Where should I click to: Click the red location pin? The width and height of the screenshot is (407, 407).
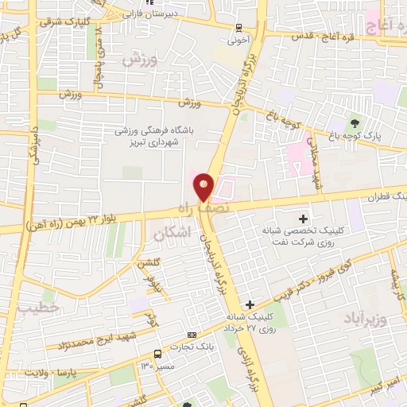coord(204,188)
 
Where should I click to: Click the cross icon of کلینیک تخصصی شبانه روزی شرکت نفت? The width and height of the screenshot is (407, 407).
coord(302,218)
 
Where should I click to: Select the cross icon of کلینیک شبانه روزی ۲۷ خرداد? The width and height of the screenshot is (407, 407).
coord(250,304)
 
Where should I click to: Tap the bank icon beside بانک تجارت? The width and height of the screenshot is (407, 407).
coord(191,335)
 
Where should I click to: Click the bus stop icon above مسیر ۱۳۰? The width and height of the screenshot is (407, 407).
coord(157,354)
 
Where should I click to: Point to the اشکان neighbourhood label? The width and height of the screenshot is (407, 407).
coord(169,235)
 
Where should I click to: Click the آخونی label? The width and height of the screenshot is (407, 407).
coord(238,37)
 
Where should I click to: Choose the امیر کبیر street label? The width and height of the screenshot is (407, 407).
coord(387,382)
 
